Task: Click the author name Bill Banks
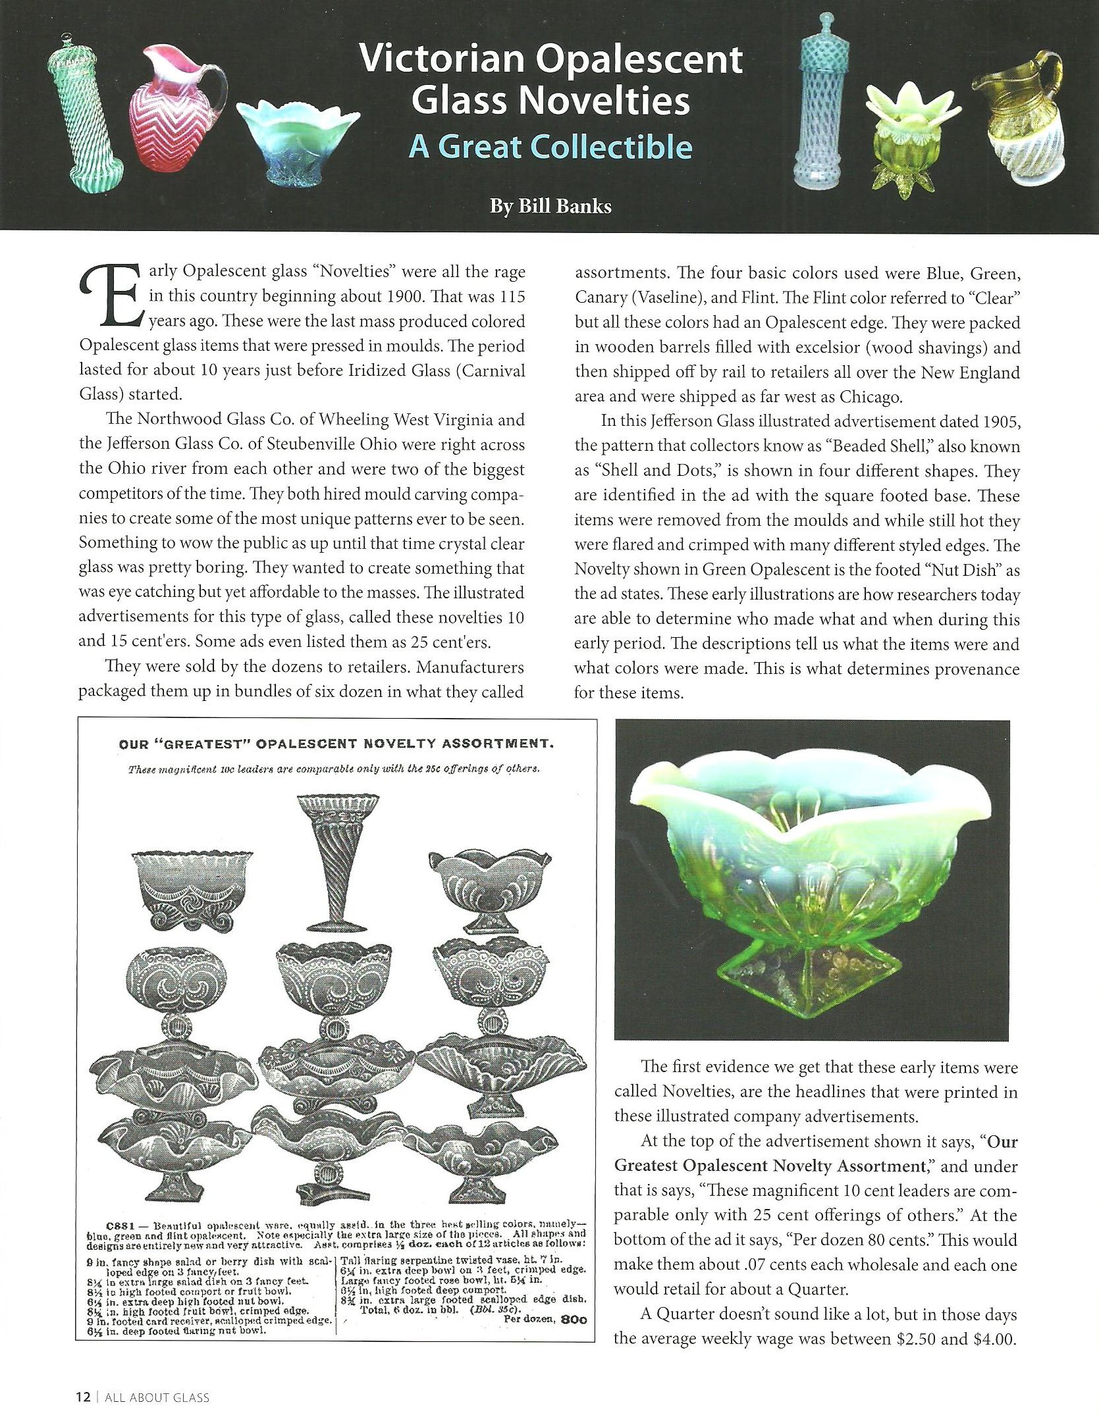(550, 206)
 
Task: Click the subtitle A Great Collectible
(550, 147)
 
